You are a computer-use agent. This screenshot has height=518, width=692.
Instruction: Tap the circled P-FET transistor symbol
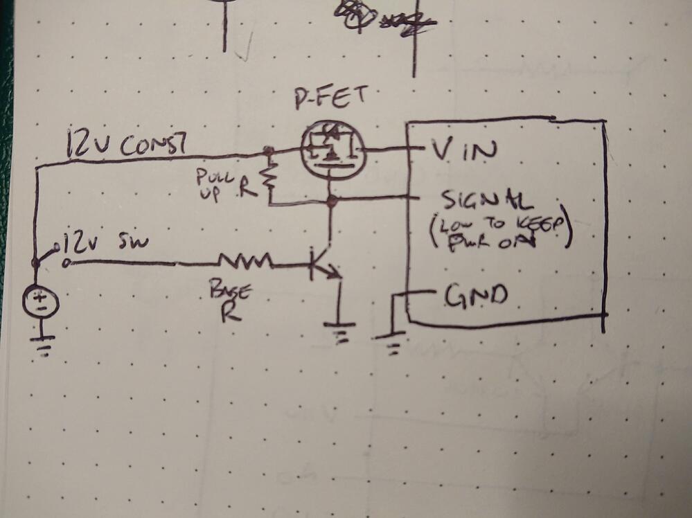pyautogui.click(x=330, y=151)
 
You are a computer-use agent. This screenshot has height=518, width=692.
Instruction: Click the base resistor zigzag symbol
pyautogui.click(x=245, y=262)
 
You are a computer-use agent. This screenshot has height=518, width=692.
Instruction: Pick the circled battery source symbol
pyautogui.click(x=42, y=303)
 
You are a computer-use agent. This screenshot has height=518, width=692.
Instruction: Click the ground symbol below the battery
pyautogui.click(x=43, y=343)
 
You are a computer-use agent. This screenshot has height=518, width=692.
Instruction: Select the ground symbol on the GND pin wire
pyautogui.click(x=392, y=341)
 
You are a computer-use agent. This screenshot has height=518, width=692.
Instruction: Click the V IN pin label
pyautogui.click(x=461, y=149)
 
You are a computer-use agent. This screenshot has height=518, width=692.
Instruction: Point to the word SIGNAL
pyautogui.click(x=477, y=201)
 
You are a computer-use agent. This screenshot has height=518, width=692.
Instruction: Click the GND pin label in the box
pyautogui.click(x=475, y=296)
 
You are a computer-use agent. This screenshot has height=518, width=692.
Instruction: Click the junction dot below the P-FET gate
pyautogui.click(x=332, y=202)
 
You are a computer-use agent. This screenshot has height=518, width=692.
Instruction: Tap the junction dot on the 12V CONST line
pyautogui.click(x=267, y=150)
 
